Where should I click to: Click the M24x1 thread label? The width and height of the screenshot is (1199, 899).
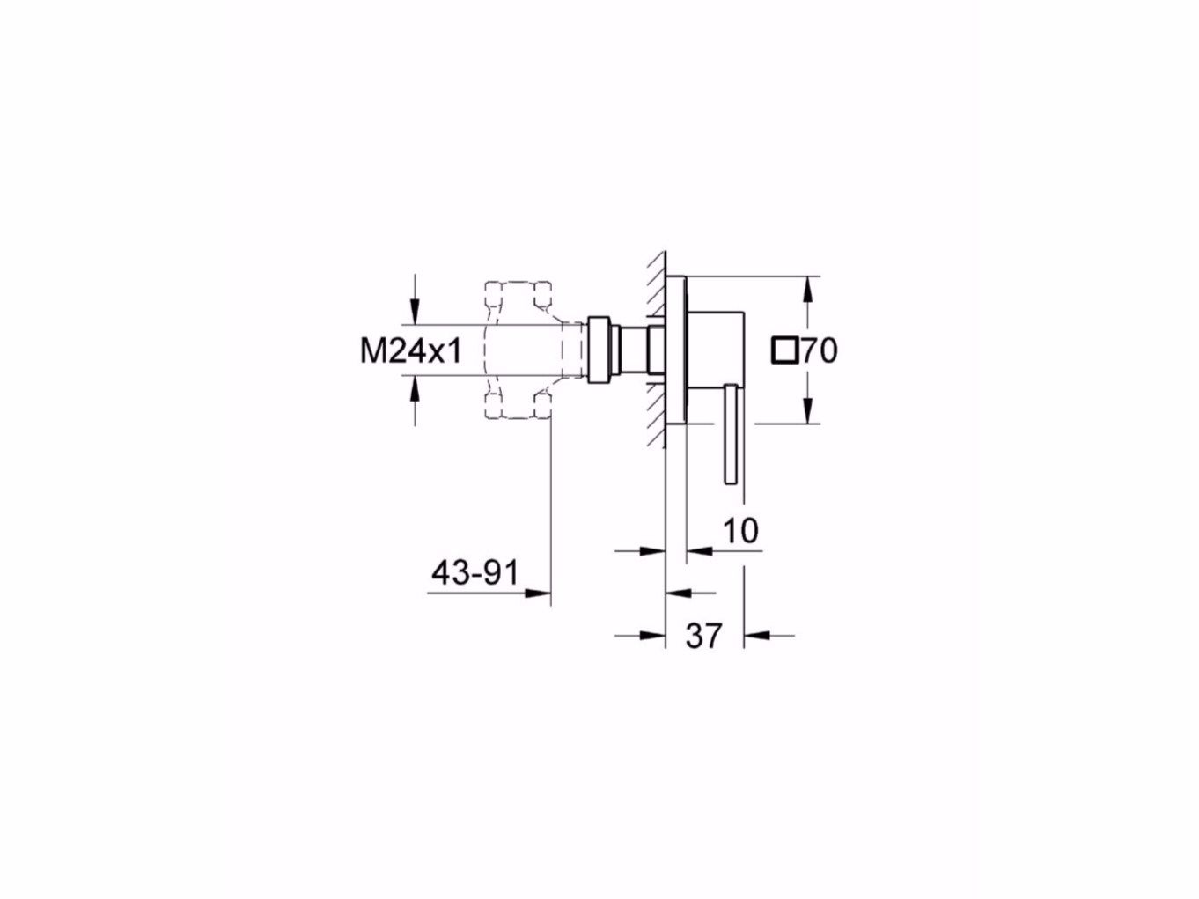pyautogui.click(x=411, y=350)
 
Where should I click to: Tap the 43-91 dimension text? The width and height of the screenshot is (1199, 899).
pyautogui.click(x=474, y=573)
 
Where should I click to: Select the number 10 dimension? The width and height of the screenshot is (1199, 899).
pyautogui.click(x=740, y=530)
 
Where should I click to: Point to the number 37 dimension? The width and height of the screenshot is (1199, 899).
pyautogui.click(x=703, y=635)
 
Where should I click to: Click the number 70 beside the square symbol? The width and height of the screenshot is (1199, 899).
pyautogui.click(x=820, y=350)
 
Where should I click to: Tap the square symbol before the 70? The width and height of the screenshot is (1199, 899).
pyautogui.click(x=785, y=350)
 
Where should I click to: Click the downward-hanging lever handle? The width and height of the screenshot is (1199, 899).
pyautogui.click(x=731, y=434)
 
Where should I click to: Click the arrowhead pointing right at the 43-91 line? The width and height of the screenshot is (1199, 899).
pyautogui.click(x=537, y=593)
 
